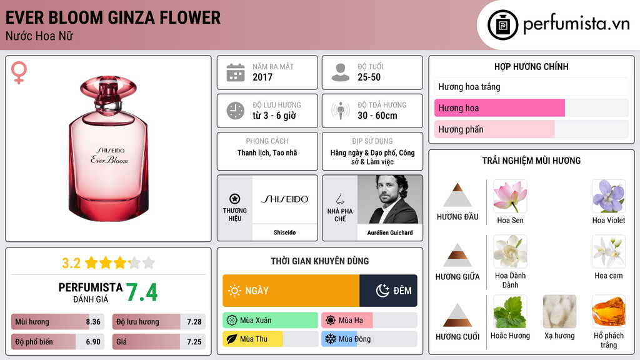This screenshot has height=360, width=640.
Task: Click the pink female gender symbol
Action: coord(19,72)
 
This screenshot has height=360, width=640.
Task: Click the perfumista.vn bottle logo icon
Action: coord(502,25)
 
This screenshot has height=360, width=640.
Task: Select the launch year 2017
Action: coord(262,77)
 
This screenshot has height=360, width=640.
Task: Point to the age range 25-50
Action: coord(369,77)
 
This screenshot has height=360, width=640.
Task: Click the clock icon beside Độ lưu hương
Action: coord(236,111)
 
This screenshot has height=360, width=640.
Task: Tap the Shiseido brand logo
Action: coord(284,199)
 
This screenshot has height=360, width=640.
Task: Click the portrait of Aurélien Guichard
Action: coord(390,199)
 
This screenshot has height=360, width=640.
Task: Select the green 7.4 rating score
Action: coord(142,292)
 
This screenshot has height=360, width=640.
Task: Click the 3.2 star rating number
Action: coord(71,263)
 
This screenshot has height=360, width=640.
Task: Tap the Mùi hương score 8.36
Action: coord(93,322)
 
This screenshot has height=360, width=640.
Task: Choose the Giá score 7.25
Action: coord(194,342)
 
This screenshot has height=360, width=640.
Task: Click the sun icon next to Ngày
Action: coord(234,291)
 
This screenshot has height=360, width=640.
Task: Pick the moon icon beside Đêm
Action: coord(382,291)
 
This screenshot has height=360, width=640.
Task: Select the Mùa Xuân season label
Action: coord(256,321)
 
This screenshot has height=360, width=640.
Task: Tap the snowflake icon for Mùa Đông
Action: coord(330,339)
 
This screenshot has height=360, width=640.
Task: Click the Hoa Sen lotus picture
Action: coord(510,196)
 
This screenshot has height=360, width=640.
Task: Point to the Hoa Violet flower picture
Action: coord(609,196)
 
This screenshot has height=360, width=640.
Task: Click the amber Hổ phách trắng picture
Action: coord(609,311)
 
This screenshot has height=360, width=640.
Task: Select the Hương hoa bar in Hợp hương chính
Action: coord(499,108)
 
